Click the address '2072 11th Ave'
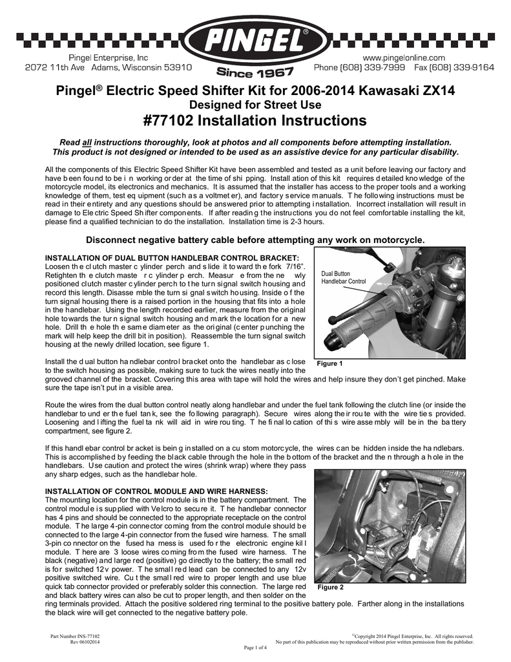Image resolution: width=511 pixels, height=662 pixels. tap(56, 67)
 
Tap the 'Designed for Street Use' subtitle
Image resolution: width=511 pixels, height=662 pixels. tap(255, 105)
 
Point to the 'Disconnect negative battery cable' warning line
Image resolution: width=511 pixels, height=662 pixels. tap(255, 240)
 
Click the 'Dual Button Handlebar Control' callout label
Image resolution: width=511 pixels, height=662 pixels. tap(343, 278)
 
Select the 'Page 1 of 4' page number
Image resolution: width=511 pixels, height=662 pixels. tap(255, 647)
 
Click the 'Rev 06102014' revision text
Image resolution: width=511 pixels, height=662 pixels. tap(85, 642)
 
